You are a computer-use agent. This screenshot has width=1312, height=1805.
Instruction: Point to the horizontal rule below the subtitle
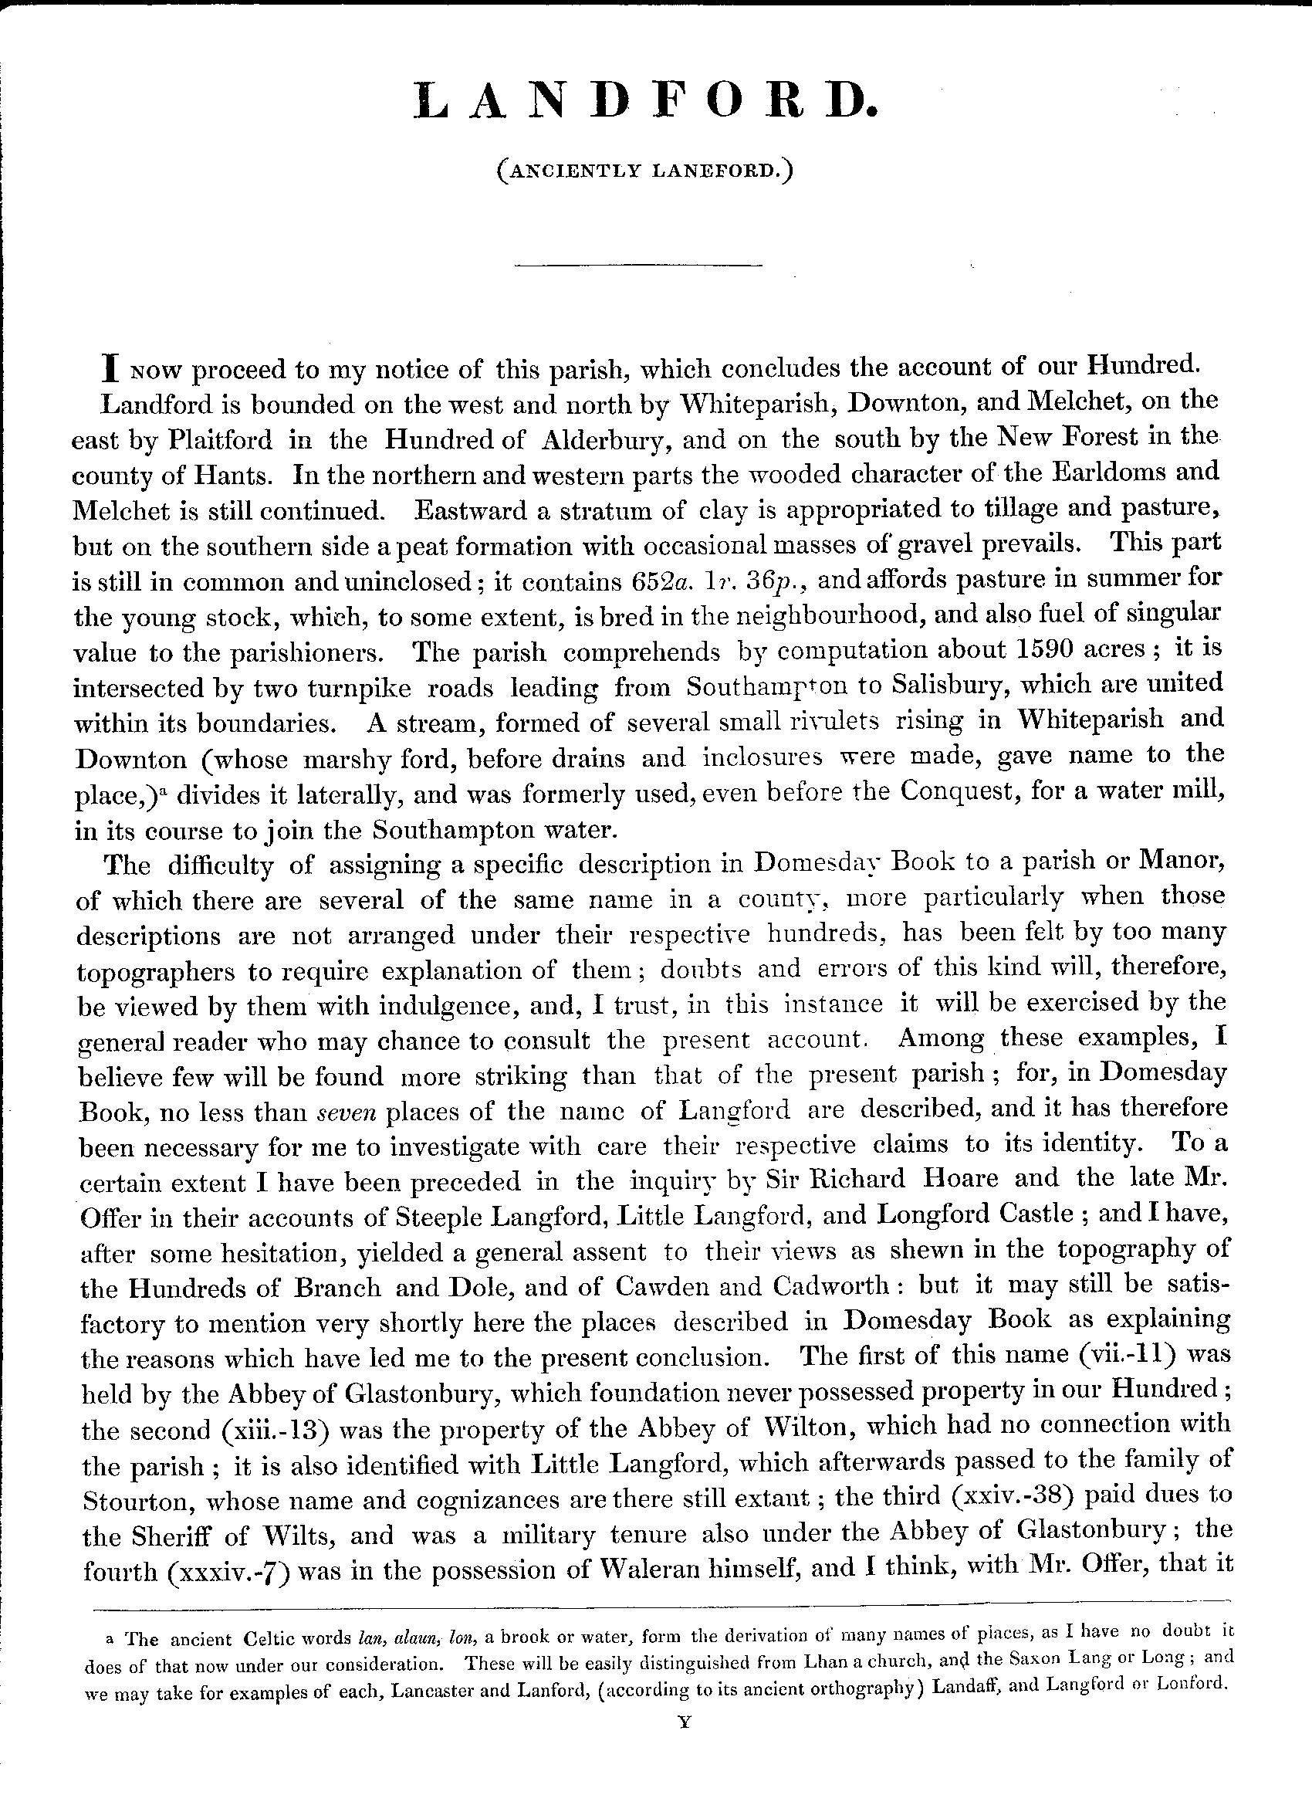tap(638, 265)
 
